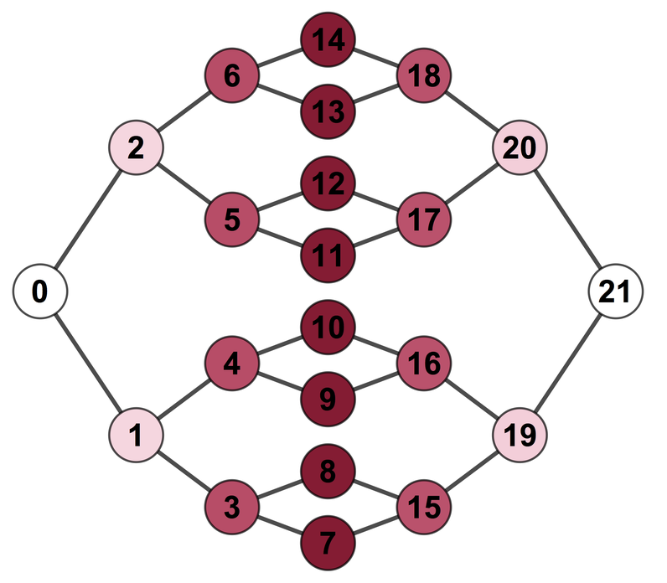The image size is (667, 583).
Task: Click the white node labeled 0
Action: (x=39, y=291)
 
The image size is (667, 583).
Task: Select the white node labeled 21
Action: (x=616, y=291)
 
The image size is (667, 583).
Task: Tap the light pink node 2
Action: (x=135, y=148)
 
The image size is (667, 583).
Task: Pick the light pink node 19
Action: (x=520, y=435)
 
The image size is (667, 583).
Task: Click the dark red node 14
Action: (x=328, y=39)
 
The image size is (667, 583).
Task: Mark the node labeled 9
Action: (x=328, y=400)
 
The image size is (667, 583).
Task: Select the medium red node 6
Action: (x=232, y=76)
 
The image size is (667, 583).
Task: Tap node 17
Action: (x=424, y=220)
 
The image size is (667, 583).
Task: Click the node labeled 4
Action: (x=232, y=364)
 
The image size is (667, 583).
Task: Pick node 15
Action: (x=424, y=506)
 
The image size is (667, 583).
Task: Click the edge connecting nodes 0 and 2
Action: (x=87, y=220)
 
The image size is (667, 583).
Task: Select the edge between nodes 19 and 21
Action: (x=568, y=364)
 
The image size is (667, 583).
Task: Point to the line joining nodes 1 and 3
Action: (x=184, y=471)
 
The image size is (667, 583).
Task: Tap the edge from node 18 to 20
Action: (x=472, y=112)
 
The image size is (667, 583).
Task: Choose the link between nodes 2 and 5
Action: (x=184, y=184)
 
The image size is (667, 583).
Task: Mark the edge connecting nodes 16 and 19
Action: (x=472, y=400)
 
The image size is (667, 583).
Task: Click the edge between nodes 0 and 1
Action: (x=87, y=364)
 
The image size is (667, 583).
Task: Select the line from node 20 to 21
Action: (x=568, y=220)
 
